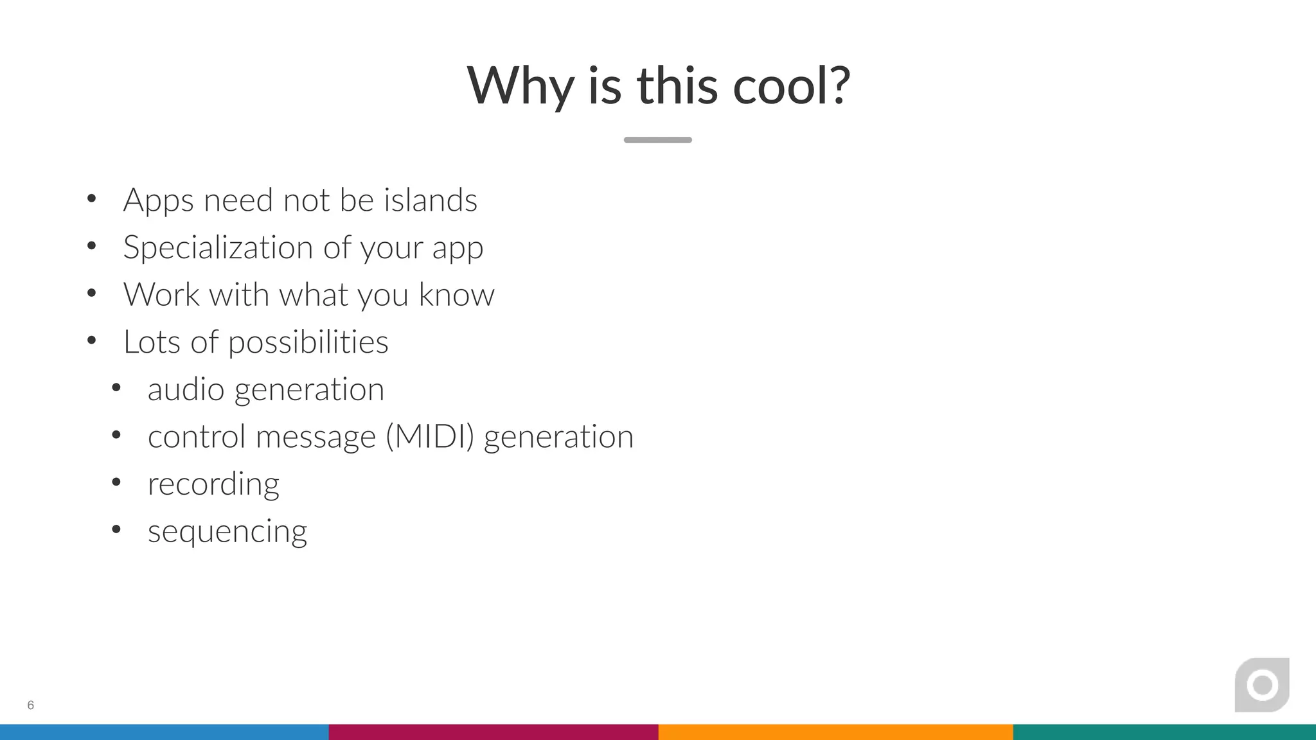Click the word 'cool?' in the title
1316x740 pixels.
(x=792, y=85)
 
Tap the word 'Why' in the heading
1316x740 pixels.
(x=520, y=85)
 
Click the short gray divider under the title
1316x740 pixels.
(x=657, y=140)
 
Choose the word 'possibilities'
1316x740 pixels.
(x=308, y=342)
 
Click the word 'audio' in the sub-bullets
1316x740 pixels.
(x=186, y=389)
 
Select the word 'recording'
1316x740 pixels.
(x=213, y=484)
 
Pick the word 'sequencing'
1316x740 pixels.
(x=227, y=532)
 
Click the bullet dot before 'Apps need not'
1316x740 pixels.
(x=92, y=198)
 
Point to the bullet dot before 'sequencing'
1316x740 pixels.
(x=116, y=529)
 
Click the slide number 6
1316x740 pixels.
(x=30, y=705)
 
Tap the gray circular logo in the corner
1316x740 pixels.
(x=1262, y=685)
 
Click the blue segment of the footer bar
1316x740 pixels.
(x=164, y=732)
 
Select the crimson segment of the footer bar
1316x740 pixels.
(x=493, y=732)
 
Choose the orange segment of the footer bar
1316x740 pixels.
(x=835, y=732)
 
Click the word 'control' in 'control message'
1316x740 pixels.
(x=197, y=437)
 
